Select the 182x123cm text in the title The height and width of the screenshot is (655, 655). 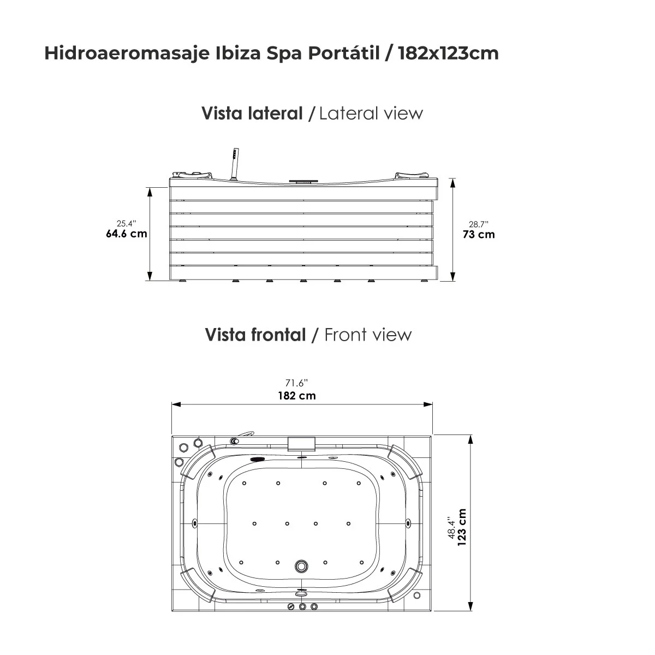[448, 53]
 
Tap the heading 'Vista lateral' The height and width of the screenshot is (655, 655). [252, 114]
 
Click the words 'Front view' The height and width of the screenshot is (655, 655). [368, 335]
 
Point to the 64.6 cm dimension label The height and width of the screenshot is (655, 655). [126, 234]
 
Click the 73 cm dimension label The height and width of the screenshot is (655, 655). [479, 235]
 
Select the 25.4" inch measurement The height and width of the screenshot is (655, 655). [126, 223]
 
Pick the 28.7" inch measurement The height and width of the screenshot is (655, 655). [479, 224]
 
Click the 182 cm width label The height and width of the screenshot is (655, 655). [297, 396]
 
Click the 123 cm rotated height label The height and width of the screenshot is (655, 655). [462, 528]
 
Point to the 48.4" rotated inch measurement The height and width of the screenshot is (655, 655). [451, 528]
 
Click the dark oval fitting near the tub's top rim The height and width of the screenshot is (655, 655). [257, 459]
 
